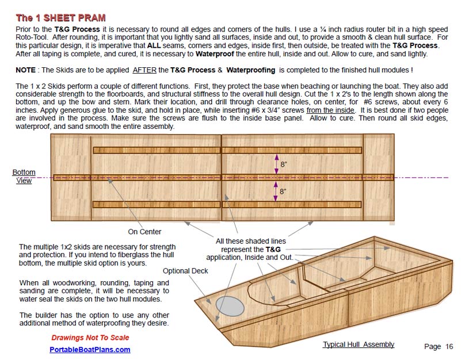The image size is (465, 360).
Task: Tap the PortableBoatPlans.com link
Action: [90, 349]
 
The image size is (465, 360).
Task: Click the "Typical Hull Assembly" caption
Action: [359, 344]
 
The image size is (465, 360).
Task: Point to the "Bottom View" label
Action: [24, 176]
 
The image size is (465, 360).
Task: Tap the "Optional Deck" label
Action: [185, 271]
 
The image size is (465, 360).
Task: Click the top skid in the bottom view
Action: [227, 151]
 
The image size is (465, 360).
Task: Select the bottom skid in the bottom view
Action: [227, 204]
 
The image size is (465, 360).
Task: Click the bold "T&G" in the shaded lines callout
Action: [273, 250]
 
